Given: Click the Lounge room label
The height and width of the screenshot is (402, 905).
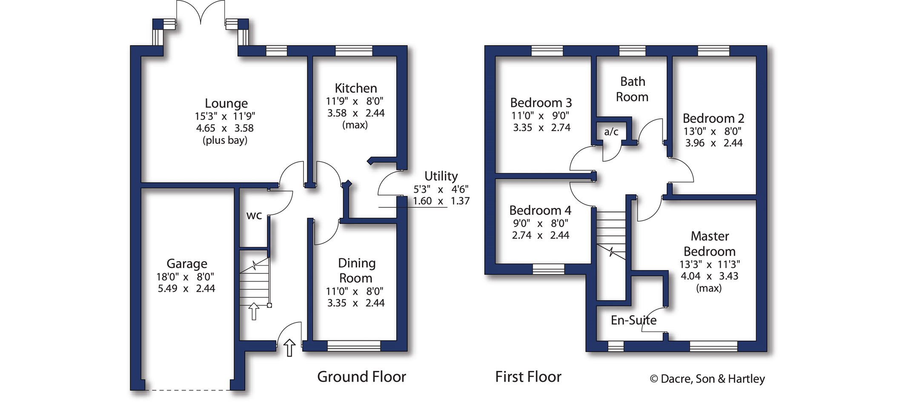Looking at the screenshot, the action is tap(226, 103).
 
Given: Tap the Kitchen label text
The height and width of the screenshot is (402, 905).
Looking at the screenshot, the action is tap(356, 88).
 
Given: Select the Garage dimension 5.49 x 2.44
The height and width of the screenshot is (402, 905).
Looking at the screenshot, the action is tap(186, 289).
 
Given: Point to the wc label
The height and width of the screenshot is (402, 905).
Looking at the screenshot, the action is tap(254, 216).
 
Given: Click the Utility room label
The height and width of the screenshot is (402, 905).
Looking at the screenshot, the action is tap(441, 176).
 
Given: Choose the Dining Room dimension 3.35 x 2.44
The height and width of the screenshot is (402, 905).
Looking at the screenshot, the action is tap(356, 303).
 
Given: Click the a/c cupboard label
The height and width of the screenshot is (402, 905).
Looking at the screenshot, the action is tap(611, 132).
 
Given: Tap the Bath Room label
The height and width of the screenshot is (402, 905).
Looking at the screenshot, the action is tap(633, 89).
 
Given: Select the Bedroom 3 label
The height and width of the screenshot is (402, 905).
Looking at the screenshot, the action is tap(541, 103).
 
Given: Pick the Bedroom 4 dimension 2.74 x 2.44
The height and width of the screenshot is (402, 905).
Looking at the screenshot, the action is tap(541, 235).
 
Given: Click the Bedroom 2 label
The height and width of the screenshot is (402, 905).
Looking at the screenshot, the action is tap(713, 118).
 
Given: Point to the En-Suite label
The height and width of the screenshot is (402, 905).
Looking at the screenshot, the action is tap(634, 320).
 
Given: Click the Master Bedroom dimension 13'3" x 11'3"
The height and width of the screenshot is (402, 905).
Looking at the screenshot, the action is tap(710, 264).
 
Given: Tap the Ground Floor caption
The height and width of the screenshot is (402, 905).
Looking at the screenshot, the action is tap(362, 377).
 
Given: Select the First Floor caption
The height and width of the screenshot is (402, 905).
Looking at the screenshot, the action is tap(528, 377).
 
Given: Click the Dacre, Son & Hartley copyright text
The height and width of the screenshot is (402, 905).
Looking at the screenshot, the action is tap(707, 379).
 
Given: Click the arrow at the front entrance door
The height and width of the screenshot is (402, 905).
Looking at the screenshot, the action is tap(289, 348).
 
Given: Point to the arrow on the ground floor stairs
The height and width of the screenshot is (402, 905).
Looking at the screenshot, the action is tap(254, 311).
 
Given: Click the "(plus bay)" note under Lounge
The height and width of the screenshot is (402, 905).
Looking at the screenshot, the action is tap(225, 140).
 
